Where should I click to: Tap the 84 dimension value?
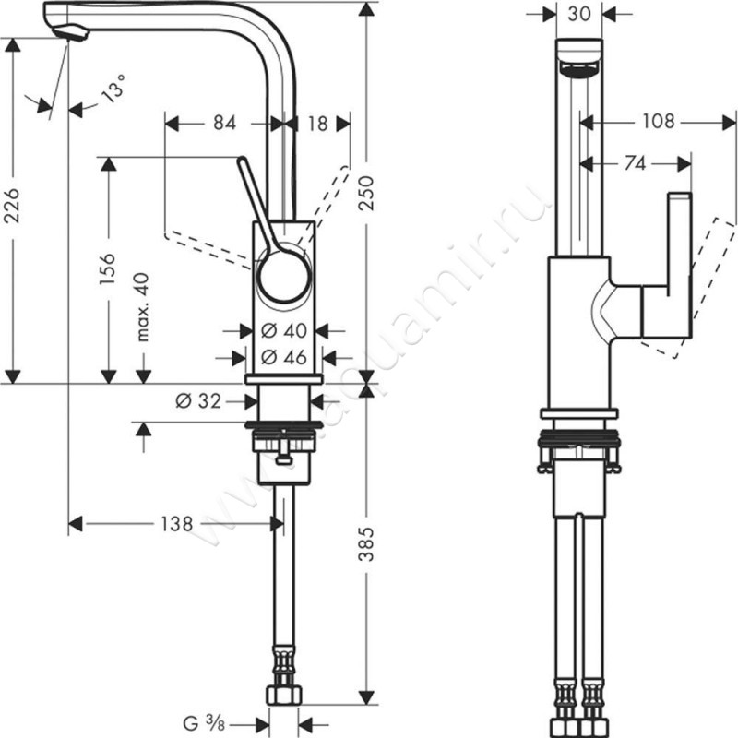tap(223, 122)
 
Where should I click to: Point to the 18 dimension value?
tap(316, 122)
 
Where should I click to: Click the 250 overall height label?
tap(367, 194)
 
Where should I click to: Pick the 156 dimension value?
tap(108, 270)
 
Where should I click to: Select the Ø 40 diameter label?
tap(283, 330)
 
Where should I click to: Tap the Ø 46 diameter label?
tap(283, 356)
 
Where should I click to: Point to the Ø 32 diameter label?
tap(195, 399)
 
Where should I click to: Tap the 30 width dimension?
tap(579, 14)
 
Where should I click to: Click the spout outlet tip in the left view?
tap(68, 33)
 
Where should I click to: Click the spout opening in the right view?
tap(579, 69)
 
